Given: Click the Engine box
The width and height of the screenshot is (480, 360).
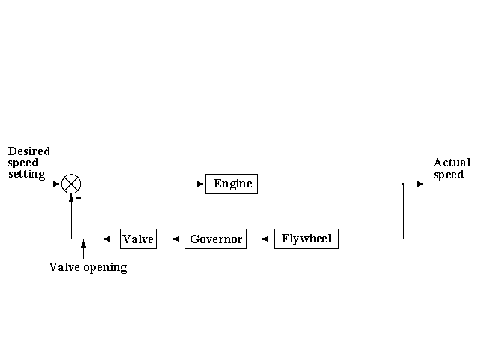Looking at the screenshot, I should coord(232,184).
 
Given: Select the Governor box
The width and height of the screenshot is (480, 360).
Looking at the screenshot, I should coord(215,239).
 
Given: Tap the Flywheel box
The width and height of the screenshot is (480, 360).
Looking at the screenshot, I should coord(307,239).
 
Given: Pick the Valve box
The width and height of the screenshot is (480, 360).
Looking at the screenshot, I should coord(138,239).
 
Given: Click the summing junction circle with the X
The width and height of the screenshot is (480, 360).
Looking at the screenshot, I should coord(71,184).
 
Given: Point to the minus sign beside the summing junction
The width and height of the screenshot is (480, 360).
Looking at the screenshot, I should coord(79,199).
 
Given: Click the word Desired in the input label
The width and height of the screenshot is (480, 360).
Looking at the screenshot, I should coord(29,151).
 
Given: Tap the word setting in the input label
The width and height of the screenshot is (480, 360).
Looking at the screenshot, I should coord(27,175).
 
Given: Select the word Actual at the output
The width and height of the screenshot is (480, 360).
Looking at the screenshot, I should coord(451,163).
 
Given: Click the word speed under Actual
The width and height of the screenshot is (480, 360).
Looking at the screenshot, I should coord(448,175).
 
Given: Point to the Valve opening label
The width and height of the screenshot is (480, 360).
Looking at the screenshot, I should coord(88,267).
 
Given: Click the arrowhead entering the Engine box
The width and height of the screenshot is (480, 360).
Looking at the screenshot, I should coord(201,184).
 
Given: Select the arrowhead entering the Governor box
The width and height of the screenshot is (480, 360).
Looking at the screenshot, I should coord(177,239).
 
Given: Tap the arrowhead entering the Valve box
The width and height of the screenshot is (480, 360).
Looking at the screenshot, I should coord(106,239).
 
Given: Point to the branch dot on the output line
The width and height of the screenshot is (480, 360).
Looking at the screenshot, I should coord(403,184).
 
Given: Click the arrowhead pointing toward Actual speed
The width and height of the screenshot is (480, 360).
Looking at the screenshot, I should coord(420,184).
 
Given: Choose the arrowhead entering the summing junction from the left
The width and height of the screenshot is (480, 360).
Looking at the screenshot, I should coord(57,184).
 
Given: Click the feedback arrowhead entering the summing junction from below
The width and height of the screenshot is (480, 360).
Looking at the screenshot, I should coord(71,198).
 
